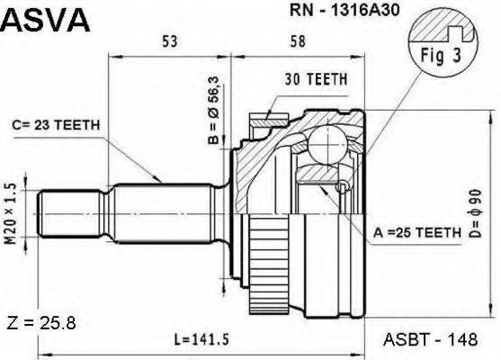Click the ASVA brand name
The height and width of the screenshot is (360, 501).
click(46, 19)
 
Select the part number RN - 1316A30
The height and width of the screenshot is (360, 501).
click(344, 10)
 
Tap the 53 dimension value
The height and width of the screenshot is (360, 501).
click(170, 41)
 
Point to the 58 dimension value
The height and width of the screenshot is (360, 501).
click(298, 41)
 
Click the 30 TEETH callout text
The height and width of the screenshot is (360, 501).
click(316, 79)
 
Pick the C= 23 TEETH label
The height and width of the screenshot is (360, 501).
click(57, 125)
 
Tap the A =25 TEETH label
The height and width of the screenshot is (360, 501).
click(417, 232)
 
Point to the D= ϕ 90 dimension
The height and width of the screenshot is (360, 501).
click(476, 213)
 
